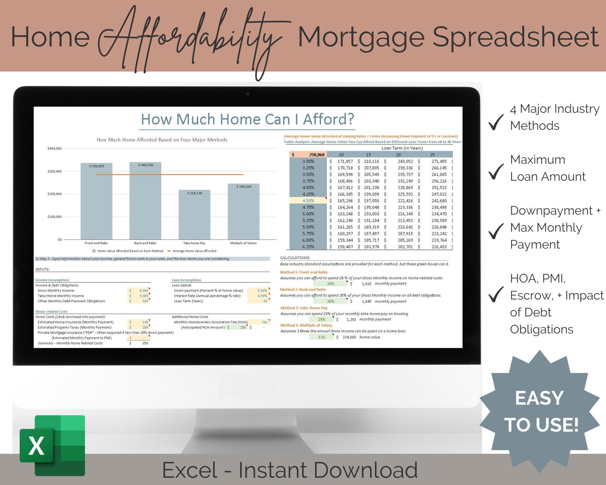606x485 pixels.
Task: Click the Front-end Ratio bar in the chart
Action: pyautogui.click(x=96, y=206)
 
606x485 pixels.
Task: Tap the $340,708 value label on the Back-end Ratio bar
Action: pyautogui.click(x=145, y=165)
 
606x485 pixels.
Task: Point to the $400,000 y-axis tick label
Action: pyautogui.click(x=55, y=149)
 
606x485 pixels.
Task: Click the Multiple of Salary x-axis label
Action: pyautogui.click(x=243, y=243)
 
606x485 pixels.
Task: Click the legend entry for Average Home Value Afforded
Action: pyautogui.click(x=194, y=251)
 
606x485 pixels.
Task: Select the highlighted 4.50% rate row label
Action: pyautogui.click(x=308, y=201)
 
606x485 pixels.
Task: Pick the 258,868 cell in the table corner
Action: pyautogui.click(x=316, y=155)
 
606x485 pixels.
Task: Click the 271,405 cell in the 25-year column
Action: pyautogui.click(x=439, y=161)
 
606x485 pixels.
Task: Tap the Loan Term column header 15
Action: pyautogui.click(x=368, y=155)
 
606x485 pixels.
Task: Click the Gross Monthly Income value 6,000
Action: pyautogui.click(x=144, y=290)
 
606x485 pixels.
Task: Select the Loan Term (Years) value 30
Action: pyautogui.click(x=265, y=301)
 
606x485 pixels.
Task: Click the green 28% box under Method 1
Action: pyautogui.click(x=331, y=284)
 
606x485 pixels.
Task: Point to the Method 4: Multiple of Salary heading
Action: pyautogui.click(x=306, y=325)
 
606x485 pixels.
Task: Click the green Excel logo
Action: pyautogui.click(x=52, y=446)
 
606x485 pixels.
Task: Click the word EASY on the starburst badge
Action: pyautogui.click(x=539, y=398)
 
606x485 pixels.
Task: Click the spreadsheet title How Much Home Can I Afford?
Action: pyautogui.click(x=247, y=119)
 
